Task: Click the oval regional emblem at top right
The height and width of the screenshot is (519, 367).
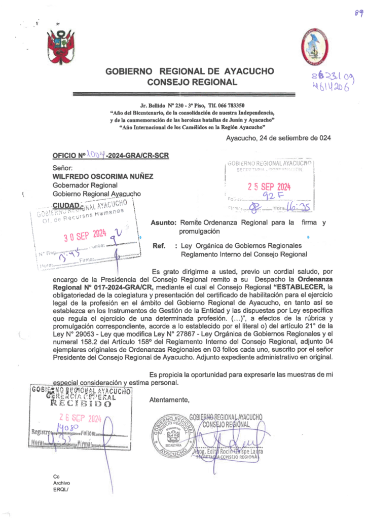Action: [x=315, y=47]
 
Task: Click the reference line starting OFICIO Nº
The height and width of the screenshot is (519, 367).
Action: [x=111, y=155]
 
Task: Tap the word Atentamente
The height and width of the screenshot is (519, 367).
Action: [x=169, y=400]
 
